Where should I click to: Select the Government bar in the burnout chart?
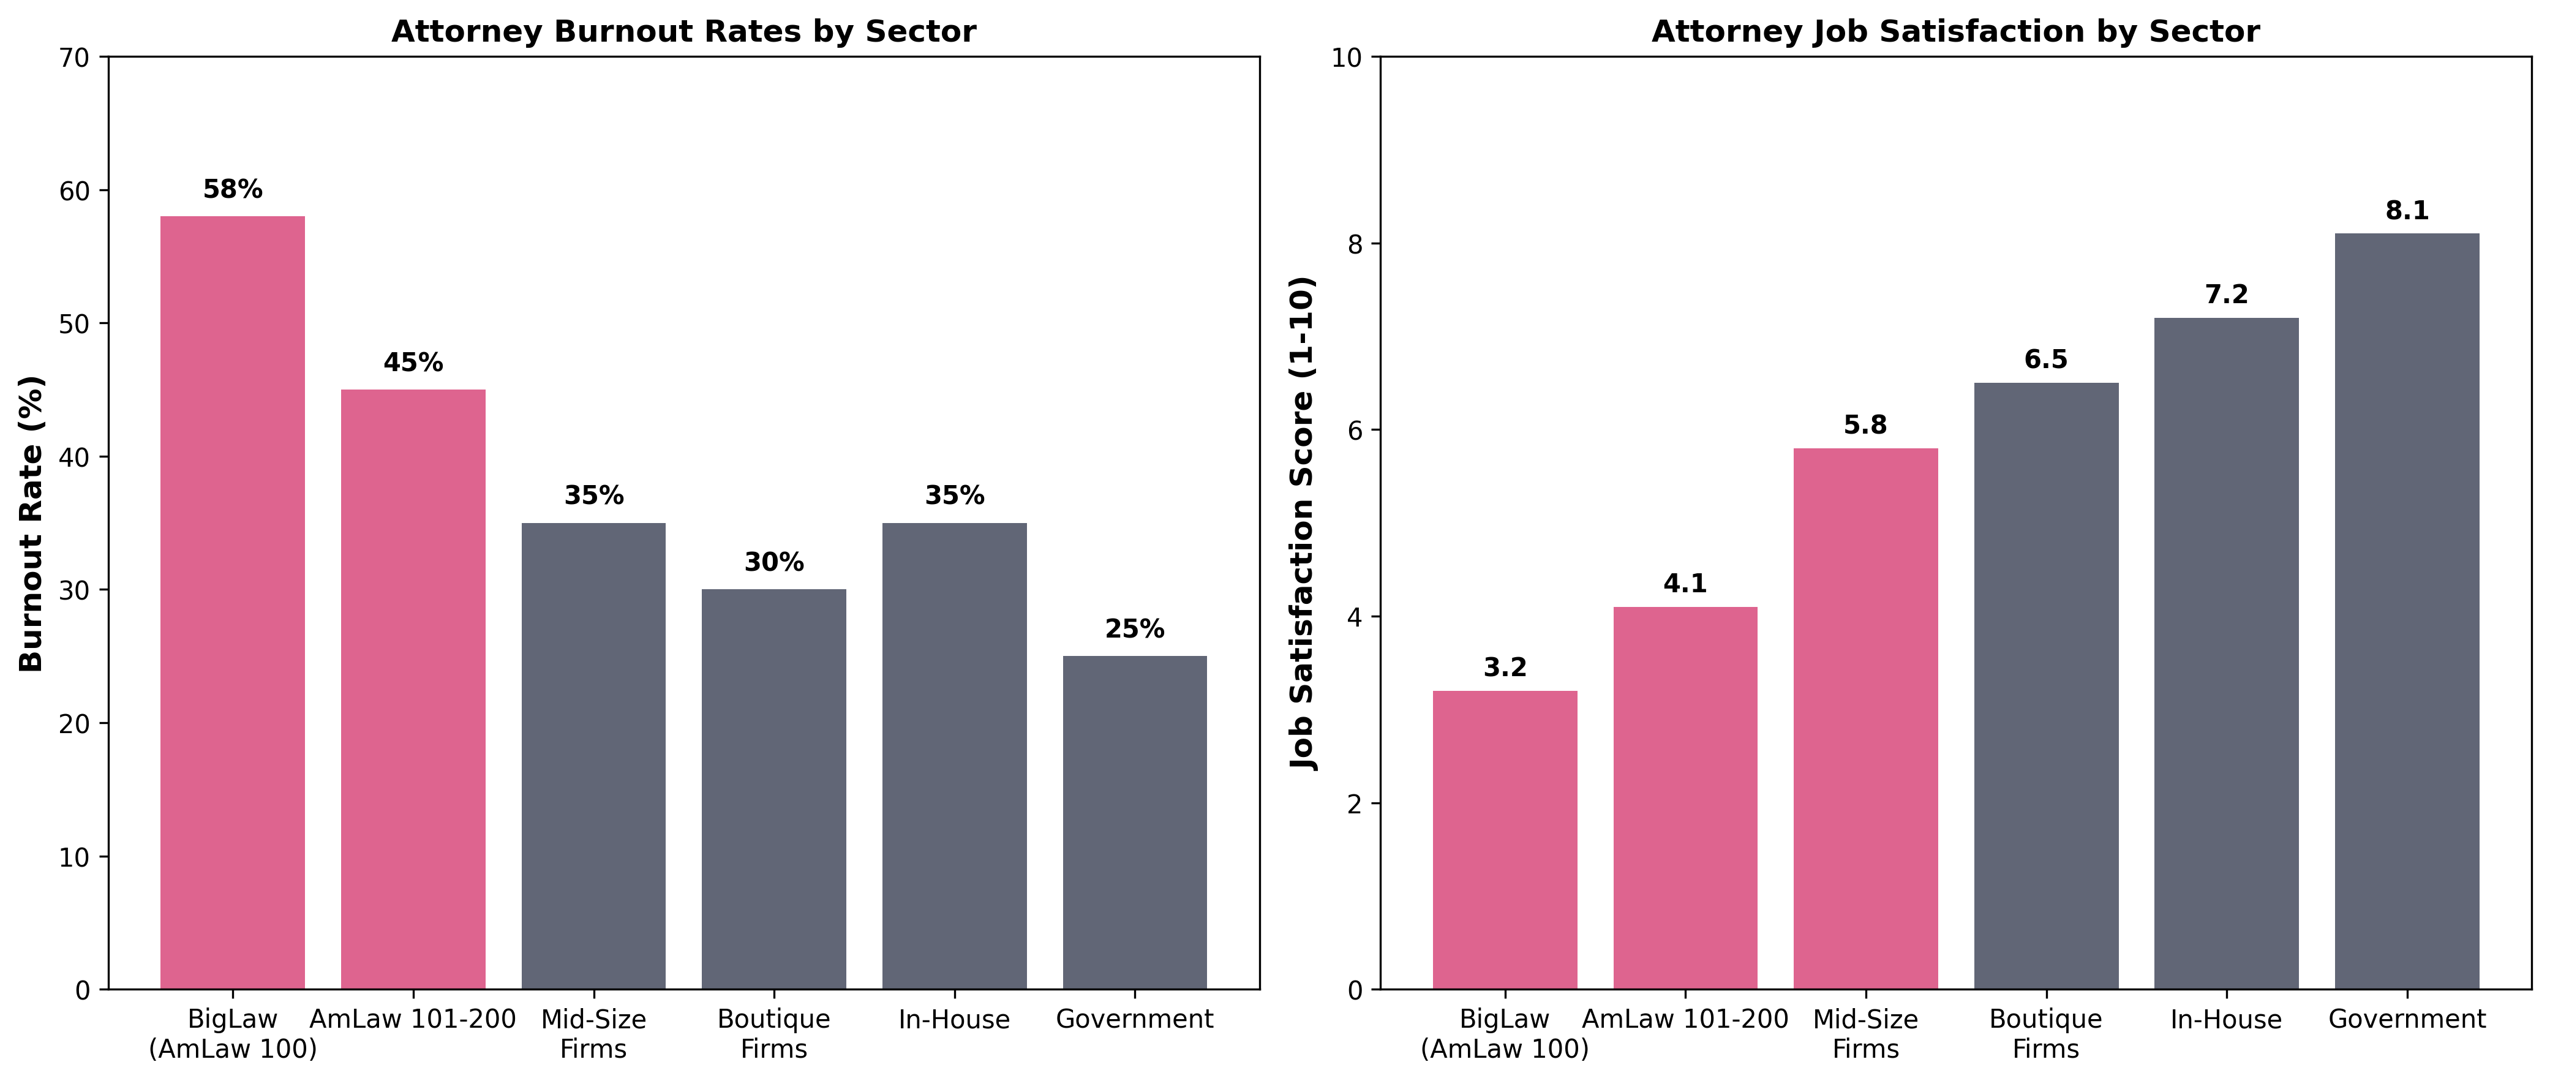pyautogui.click(x=1134, y=822)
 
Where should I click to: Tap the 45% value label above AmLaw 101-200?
pyautogui.click(x=413, y=363)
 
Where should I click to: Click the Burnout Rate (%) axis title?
pyautogui.click(x=32, y=522)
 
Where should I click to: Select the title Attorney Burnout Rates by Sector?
pyautogui.click(x=683, y=32)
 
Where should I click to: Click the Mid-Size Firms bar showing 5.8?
pyautogui.click(x=1865, y=718)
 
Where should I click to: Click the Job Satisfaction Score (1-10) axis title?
pyautogui.click(x=1304, y=522)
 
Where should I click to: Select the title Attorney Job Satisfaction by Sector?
pyautogui.click(x=1955, y=32)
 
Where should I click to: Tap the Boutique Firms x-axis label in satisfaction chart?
pyautogui.click(x=2045, y=1033)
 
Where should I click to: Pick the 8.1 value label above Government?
pyautogui.click(x=2407, y=211)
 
